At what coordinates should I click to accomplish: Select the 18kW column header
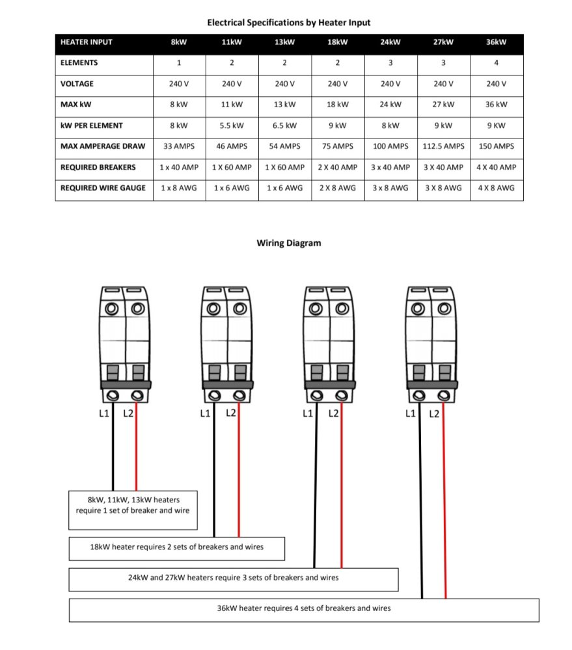click(338, 42)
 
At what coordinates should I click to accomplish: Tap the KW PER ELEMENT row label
click(92, 125)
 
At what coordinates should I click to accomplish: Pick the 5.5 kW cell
click(232, 125)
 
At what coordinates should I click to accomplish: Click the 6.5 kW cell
click(285, 125)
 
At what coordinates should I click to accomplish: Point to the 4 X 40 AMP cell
click(497, 167)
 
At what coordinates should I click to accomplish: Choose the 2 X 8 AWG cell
click(338, 188)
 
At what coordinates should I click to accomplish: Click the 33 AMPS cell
click(179, 146)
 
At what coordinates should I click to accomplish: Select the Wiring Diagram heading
click(289, 243)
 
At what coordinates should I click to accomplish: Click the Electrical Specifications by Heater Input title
click(289, 22)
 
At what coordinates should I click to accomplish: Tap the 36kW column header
click(497, 42)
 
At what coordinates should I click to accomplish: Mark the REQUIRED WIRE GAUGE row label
click(103, 188)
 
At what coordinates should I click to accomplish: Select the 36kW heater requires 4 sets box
click(304, 609)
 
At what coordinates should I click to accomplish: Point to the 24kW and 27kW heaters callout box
click(233, 578)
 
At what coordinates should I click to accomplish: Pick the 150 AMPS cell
click(497, 146)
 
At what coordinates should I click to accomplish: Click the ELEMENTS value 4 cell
click(497, 63)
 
